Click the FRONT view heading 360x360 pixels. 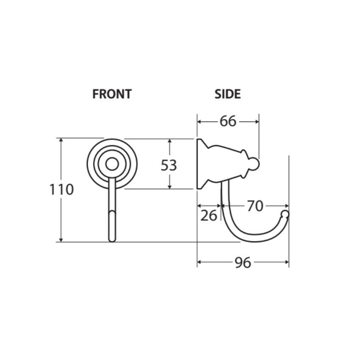pyautogui.click(x=112, y=94)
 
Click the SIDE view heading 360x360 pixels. pyautogui.click(x=227, y=94)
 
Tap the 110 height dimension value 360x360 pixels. pyautogui.click(x=61, y=190)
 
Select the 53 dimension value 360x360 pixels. pyautogui.click(x=169, y=165)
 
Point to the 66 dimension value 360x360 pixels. pyautogui.click(x=228, y=121)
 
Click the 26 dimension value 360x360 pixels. pyautogui.click(x=208, y=216)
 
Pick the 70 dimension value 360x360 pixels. pyautogui.click(x=255, y=206)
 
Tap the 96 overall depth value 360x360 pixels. pyautogui.click(x=243, y=263)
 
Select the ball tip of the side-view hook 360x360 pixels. pyautogui.click(x=285, y=214)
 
